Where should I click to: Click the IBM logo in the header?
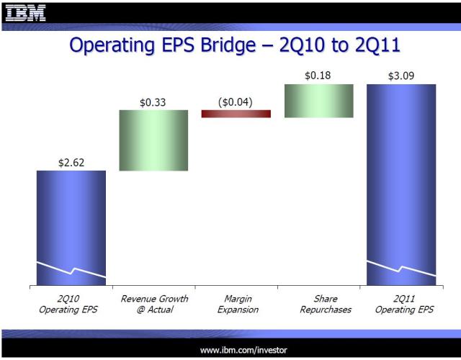25,12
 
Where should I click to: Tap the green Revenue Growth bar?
153,140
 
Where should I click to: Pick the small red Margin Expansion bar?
236,114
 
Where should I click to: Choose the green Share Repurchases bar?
318,101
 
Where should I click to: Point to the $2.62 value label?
71,163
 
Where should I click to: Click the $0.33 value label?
153,102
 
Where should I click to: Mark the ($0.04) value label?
236,102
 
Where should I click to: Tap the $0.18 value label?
318,76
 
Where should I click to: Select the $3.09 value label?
401,76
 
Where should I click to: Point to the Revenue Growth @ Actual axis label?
153,304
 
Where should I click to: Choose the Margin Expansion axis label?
236,304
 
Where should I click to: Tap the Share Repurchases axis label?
318,304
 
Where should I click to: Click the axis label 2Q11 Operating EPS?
401,304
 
